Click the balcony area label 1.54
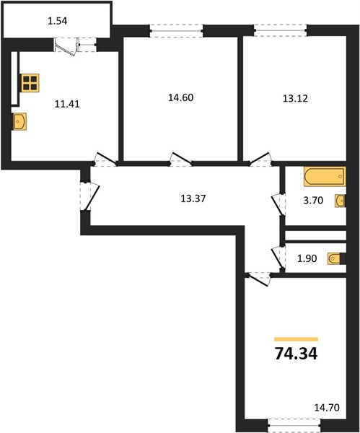tap(58, 21)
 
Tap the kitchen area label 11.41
tap(67, 104)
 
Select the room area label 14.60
tap(181, 97)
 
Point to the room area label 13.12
tap(295, 98)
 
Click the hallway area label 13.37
tap(193, 198)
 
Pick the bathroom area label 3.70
tap(313, 200)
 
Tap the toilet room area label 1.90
tap(307, 258)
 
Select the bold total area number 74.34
tap(297, 354)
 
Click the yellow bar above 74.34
tap(297, 339)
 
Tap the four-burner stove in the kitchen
tap(30, 83)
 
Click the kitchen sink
tap(19, 121)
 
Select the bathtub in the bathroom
tap(325, 176)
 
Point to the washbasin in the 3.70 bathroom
tap(341, 201)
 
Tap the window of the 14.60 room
tap(177, 30)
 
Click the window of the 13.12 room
tap(280, 30)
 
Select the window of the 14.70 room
tap(294, 426)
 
